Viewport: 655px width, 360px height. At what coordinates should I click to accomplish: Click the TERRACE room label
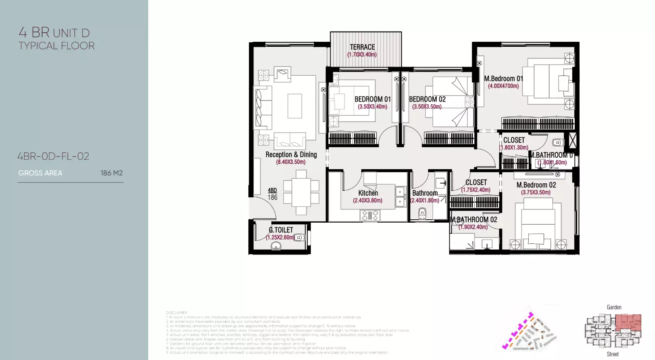click(x=362, y=47)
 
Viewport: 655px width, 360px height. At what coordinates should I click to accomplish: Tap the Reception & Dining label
click(x=291, y=155)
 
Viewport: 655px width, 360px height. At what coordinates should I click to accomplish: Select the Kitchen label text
click(x=368, y=193)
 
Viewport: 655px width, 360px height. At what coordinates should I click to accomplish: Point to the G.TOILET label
click(x=281, y=230)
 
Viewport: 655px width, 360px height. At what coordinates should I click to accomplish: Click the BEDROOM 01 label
click(x=373, y=99)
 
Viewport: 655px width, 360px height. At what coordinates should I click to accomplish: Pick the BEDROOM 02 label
click(x=427, y=99)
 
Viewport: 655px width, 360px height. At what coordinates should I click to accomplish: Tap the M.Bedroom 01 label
click(x=503, y=79)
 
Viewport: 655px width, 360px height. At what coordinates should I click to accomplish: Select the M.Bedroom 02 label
click(x=536, y=185)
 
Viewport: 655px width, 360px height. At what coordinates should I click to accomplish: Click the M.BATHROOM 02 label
click(x=474, y=220)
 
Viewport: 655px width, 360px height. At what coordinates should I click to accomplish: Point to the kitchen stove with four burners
click(x=370, y=215)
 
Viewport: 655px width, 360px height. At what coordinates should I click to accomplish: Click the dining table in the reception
click(x=301, y=192)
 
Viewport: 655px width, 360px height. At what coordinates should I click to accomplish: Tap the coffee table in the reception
click(x=295, y=106)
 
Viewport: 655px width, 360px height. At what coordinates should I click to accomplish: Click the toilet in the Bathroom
click(x=422, y=213)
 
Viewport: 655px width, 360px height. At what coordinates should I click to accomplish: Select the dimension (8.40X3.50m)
click(x=291, y=162)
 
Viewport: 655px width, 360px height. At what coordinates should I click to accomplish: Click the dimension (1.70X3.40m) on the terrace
click(x=362, y=55)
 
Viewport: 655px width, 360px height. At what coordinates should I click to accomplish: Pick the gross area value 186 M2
click(x=111, y=173)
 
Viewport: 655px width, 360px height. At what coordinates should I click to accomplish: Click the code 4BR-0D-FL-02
click(x=53, y=156)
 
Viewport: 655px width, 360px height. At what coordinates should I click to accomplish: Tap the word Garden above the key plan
click(x=614, y=307)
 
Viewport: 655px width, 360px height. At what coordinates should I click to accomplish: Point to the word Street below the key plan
click(x=613, y=354)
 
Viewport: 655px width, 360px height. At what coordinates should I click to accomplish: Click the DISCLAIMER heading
click(x=176, y=313)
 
